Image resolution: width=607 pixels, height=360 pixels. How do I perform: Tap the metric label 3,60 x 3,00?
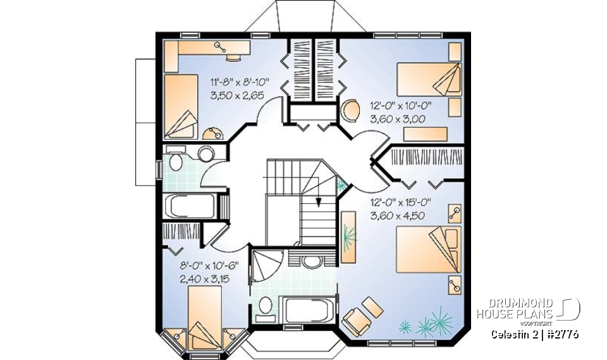(x=396, y=118)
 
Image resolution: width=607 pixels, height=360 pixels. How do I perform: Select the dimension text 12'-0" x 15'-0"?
(x=400, y=203)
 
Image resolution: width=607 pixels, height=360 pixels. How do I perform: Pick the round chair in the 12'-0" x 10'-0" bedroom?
(x=349, y=111)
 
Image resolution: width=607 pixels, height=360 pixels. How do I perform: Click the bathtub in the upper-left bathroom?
(x=189, y=206)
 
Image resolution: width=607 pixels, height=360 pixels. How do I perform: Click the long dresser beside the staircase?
(x=348, y=233)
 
